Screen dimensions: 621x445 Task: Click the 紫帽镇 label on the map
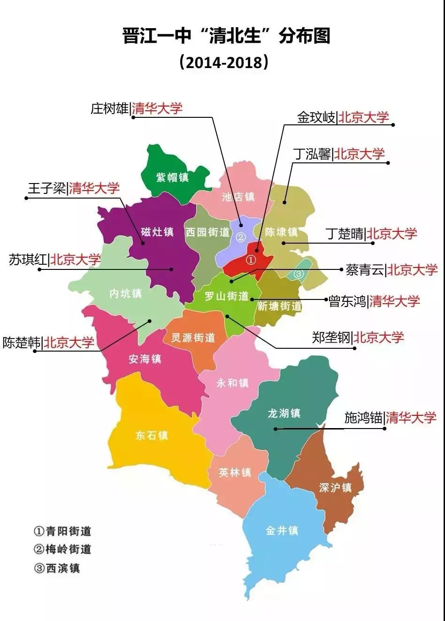tap(172, 177)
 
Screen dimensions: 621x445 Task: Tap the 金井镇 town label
tap(282, 530)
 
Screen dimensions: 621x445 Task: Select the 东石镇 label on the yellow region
tap(152, 436)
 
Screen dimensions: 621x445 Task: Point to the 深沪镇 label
tap(335, 488)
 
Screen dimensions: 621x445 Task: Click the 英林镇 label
tap(235, 472)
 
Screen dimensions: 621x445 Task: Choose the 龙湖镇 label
tap(284, 413)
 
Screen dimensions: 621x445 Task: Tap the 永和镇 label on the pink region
tap(233, 383)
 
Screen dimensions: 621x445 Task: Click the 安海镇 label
tap(145, 359)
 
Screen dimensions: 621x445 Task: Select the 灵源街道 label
tap(193, 337)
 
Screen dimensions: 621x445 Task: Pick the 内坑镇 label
tap(125, 293)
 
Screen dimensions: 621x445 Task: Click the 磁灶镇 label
tap(157, 232)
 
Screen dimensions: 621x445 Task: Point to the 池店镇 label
tap(238, 197)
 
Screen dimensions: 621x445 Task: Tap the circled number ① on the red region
tap(251, 260)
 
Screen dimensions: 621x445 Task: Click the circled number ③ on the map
tap(299, 273)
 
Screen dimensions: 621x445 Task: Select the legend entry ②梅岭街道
tap(62, 549)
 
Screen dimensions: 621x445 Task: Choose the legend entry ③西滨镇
tap(57, 568)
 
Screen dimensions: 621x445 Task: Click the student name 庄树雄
tap(110, 109)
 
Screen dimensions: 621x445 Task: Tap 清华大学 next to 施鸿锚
tap(411, 417)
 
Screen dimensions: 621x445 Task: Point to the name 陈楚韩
tap(22, 342)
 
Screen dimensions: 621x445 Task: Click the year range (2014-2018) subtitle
tap(223, 62)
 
